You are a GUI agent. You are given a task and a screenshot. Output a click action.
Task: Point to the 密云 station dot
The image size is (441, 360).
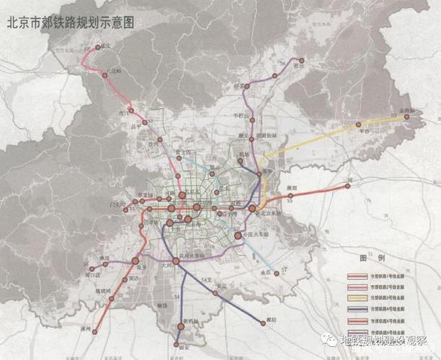(x=302, y=60)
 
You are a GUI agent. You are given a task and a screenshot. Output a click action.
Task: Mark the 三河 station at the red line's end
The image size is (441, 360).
(x=348, y=186)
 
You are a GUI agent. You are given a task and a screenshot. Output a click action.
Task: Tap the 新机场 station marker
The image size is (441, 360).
(x=182, y=326)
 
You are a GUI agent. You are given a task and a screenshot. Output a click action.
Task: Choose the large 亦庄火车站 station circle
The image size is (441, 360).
(x=239, y=235)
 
